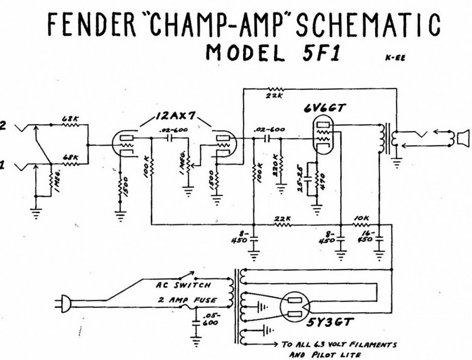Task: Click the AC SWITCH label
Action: click(183, 286)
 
